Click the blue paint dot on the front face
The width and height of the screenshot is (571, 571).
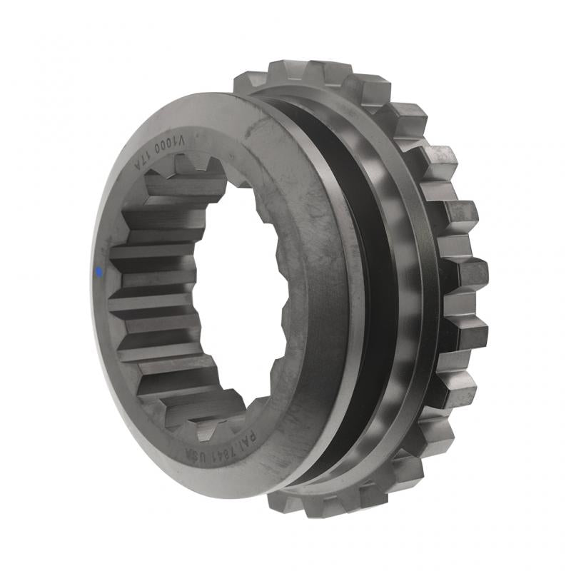point(98,271)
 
